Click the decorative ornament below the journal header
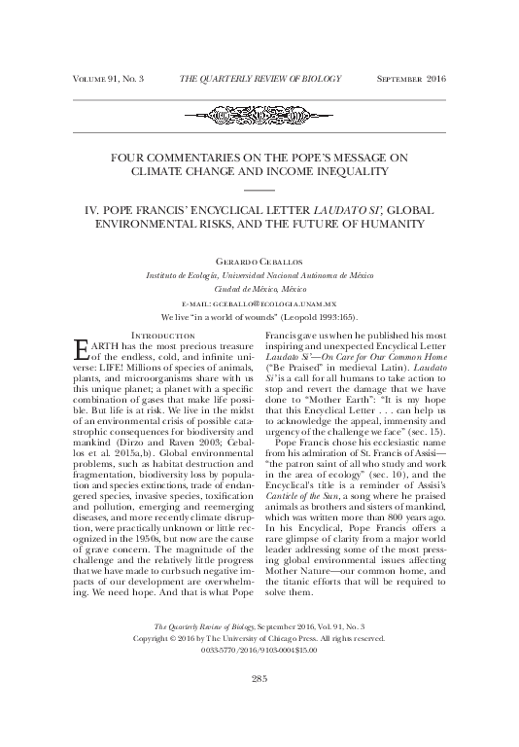[x=259, y=115]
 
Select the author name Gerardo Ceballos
[x=259, y=261]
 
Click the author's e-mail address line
[x=259, y=303]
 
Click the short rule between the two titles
[x=259, y=190]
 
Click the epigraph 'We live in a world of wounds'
[x=259, y=317]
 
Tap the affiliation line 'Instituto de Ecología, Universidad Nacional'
[x=259, y=275]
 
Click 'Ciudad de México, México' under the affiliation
[x=259, y=289]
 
